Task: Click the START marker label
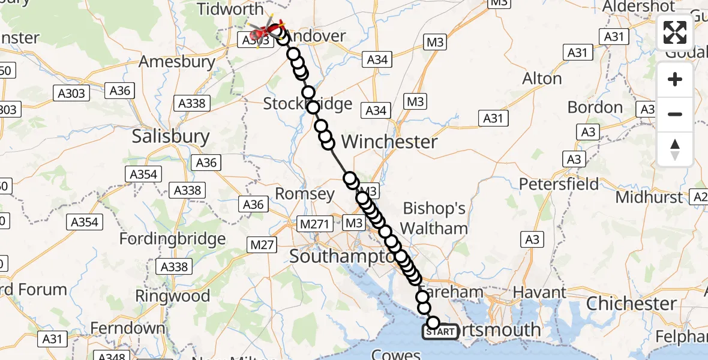441,332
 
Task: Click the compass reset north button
675,149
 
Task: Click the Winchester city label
389,142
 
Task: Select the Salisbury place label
171,137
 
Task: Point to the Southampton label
343,256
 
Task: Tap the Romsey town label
305,194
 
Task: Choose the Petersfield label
559,184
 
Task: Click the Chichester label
632,303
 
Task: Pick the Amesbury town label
177,61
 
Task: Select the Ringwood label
173,296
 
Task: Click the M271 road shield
315,224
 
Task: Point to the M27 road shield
262,244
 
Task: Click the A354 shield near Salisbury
143,175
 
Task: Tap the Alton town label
542,79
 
